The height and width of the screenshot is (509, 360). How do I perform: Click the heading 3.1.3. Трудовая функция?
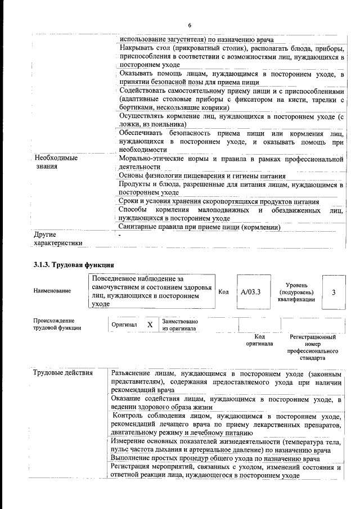[x=75, y=264]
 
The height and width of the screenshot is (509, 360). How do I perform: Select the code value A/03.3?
[x=250, y=292]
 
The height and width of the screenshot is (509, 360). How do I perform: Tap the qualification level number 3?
[x=334, y=292]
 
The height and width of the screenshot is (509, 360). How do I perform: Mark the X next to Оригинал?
[x=150, y=325]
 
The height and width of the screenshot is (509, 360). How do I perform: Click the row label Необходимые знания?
[x=56, y=163]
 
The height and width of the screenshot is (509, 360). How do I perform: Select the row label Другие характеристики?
[x=58, y=238]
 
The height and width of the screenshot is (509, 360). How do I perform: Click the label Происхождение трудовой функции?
[x=57, y=324]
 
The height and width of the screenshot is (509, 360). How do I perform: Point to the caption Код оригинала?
[x=259, y=340]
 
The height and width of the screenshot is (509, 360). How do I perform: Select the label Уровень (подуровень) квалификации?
[x=296, y=292]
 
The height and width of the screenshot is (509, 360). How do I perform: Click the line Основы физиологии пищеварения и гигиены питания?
[x=202, y=176]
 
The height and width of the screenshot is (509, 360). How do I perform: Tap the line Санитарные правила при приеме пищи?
[x=200, y=227]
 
